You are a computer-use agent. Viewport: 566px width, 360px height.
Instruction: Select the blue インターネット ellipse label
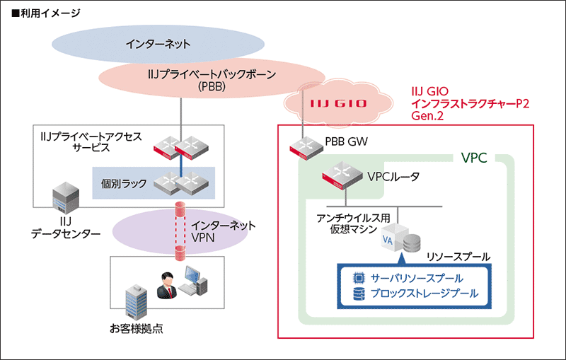(x=158, y=44)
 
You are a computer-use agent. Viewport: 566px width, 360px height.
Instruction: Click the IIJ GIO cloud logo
(x=338, y=103)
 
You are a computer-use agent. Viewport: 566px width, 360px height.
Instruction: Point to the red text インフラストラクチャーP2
(x=470, y=103)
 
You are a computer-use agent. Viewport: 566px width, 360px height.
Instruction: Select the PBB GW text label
(x=347, y=141)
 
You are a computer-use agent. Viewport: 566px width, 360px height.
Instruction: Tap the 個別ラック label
(x=124, y=183)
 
